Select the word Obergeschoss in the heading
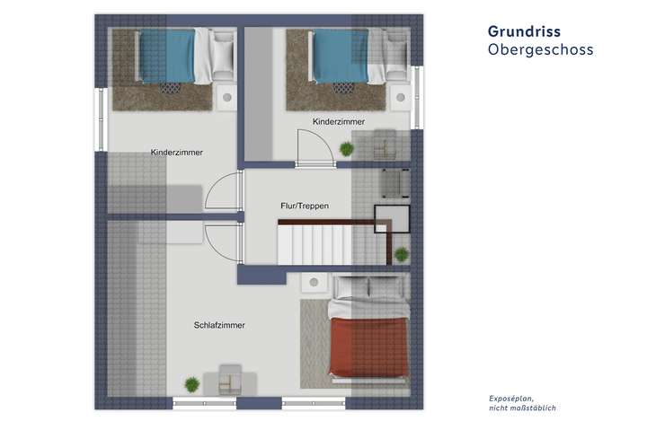click(540, 50)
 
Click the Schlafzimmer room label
click(219, 325)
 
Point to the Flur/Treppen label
click(305, 206)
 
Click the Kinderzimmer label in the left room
click(177, 153)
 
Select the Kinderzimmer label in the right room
click(338, 121)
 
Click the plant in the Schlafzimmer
click(191, 383)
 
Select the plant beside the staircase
click(401, 254)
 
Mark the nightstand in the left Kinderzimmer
click(226, 96)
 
